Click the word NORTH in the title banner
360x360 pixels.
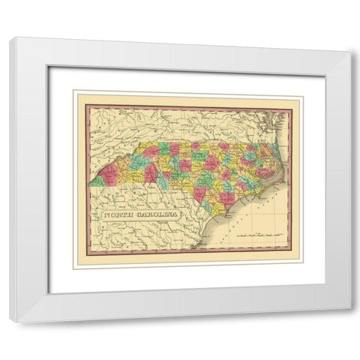click(118, 215)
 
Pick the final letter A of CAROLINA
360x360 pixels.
click(176, 215)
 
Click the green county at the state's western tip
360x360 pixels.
click(97, 181)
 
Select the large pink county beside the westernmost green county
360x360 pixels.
click(109, 175)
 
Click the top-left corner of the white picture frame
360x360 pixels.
click(10, 37)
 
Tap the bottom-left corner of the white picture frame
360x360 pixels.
click(10, 322)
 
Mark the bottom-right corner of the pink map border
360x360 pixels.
click(291, 256)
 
